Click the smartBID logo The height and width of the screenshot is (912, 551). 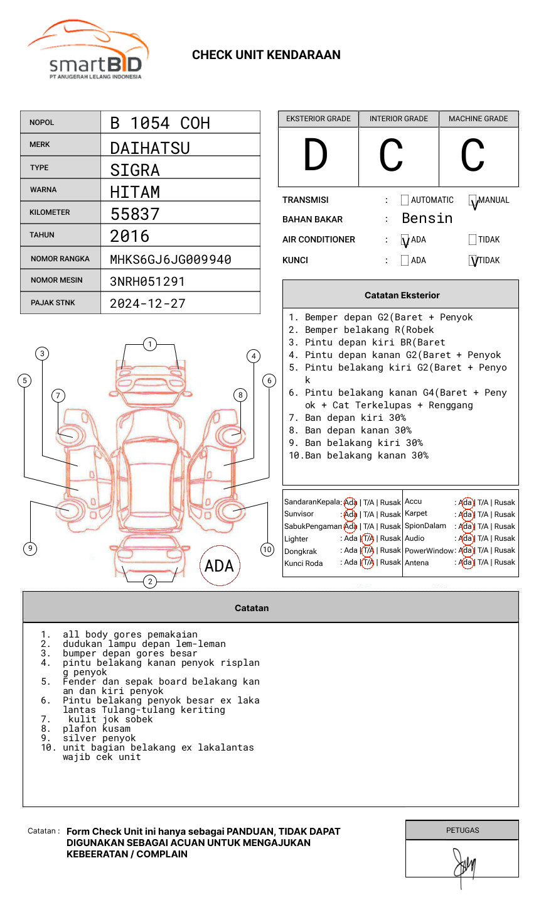[88, 50]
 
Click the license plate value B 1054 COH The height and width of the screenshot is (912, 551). [159, 123]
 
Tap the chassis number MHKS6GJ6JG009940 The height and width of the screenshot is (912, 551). [170, 259]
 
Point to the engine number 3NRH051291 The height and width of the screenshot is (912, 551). [147, 281]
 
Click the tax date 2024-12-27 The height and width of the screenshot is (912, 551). [147, 303]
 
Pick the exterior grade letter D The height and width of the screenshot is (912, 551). [316, 156]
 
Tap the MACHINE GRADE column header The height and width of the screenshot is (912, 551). [478, 119]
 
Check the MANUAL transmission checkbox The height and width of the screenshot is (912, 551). [473, 201]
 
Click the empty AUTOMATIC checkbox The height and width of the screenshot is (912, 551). [405, 200]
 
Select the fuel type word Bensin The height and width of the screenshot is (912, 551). [427, 219]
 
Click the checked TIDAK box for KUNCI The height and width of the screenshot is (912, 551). [473, 261]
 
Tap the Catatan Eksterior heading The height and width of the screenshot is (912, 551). [402, 295]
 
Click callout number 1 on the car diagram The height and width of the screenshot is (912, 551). [149, 344]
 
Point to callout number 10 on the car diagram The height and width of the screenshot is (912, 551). [267, 550]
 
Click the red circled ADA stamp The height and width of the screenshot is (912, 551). [219, 566]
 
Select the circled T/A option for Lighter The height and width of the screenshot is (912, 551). [368, 538]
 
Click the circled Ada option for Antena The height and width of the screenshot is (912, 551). [466, 562]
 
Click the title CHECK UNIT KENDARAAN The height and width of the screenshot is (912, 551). [266, 55]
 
